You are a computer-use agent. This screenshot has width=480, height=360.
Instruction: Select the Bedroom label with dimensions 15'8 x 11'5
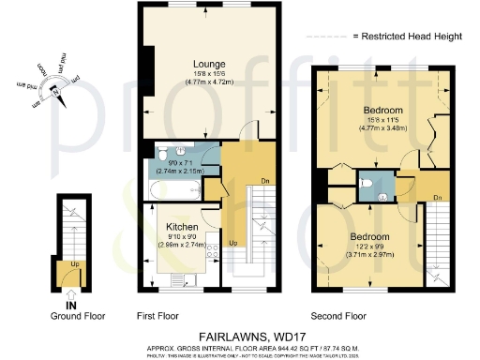click(x=382, y=111)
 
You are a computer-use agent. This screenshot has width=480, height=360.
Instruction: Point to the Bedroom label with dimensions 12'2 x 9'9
click(x=369, y=237)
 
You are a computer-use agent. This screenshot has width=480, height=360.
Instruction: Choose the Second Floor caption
click(x=342, y=315)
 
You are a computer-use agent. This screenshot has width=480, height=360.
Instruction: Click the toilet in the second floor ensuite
click(x=372, y=183)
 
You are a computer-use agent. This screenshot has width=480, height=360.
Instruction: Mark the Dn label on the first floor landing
click(x=240, y=182)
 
